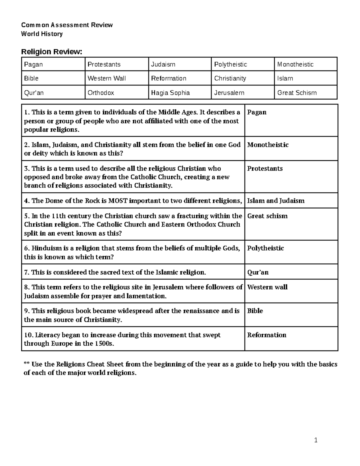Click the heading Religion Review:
click(x=51, y=52)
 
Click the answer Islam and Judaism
click(x=276, y=201)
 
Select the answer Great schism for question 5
click(x=267, y=216)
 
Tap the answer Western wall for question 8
click(x=267, y=287)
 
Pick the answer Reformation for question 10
click(x=267, y=335)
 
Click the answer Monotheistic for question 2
click(x=268, y=145)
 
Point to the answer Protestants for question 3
click(x=265, y=169)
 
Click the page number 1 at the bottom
click(x=316, y=440)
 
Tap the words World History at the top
click(x=42, y=34)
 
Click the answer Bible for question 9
click(x=255, y=311)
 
